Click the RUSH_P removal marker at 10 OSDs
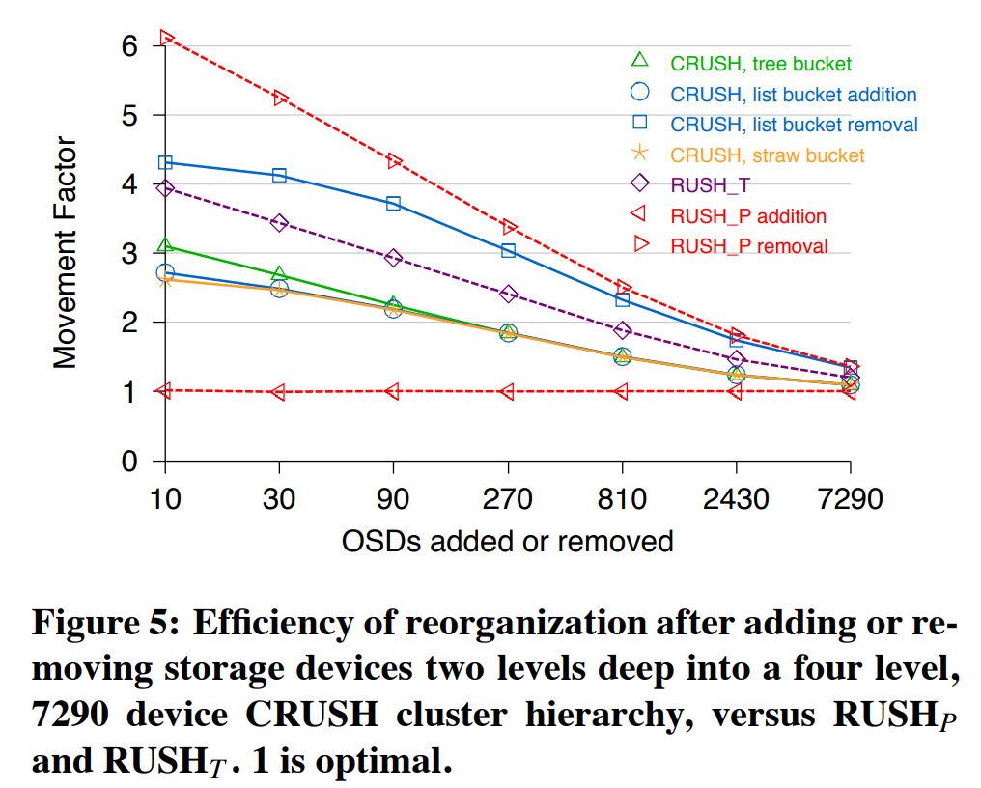coord(166,38)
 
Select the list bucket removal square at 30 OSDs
coord(279,175)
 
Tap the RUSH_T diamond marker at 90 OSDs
coord(393,258)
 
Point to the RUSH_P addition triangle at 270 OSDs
coord(508,391)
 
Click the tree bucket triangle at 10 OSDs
coord(166,246)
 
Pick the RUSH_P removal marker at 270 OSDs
coord(509,227)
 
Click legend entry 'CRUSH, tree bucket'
coord(761,65)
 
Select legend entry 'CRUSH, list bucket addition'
coord(793,95)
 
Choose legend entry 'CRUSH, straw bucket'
coord(767,155)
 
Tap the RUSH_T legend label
coord(710,185)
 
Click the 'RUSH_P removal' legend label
coord(748,246)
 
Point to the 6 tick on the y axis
coord(129,45)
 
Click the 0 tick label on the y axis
coord(129,462)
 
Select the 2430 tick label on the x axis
coord(736,499)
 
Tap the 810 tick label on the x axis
coord(622,499)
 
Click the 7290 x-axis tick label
coord(850,499)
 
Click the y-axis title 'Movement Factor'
coord(65,253)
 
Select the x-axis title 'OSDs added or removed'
coord(507,541)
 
